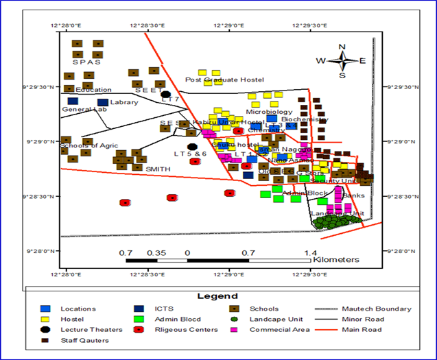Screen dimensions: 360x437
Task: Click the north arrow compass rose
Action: click(x=342, y=60)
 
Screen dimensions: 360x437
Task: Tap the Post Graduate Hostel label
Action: click(x=224, y=80)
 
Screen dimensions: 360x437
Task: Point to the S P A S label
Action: click(x=86, y=62)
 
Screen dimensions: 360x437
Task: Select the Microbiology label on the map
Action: click(x=269, y=112)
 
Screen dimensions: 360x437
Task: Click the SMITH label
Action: click(x=158, y=169)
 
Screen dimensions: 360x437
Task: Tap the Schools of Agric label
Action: click(x=89, y=146)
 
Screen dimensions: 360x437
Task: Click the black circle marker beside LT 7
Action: click(x=166, y=95)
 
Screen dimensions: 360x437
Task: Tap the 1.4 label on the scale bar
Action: click(x=310, y=253)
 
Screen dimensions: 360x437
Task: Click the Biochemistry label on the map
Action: click(x=305, y=119)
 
